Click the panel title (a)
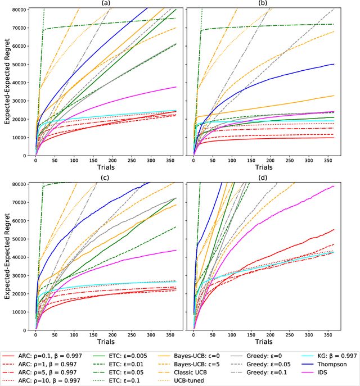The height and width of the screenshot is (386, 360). pyautogui.click(x=107, y=3)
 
